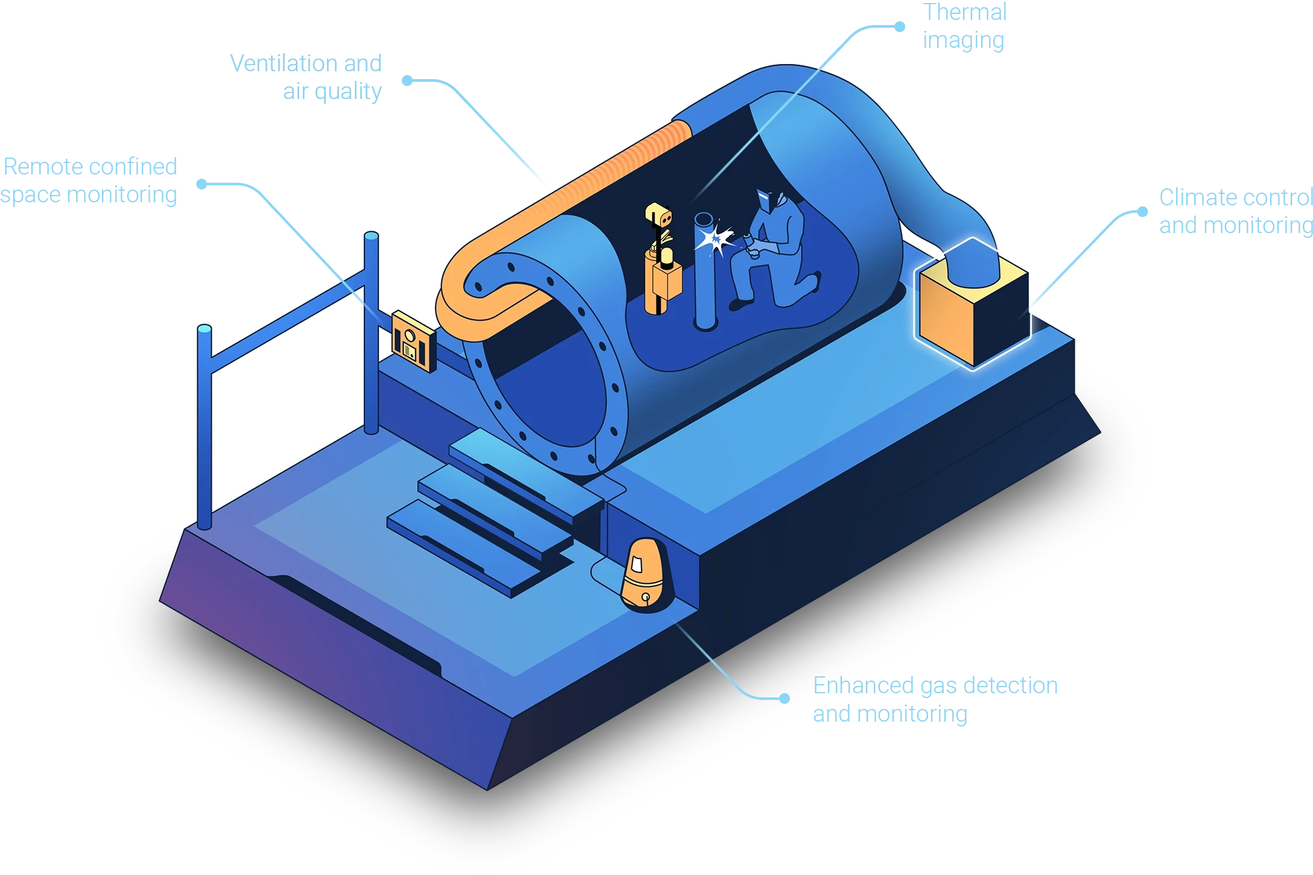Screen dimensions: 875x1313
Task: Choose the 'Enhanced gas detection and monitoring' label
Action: [x=934, y=699]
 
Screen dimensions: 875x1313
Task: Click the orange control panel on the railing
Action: [x=413, y=342]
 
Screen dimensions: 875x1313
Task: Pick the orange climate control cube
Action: [x=972, y=302]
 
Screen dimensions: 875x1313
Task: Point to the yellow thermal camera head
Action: [x=658, y=216]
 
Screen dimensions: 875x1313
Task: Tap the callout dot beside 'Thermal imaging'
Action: [x=900, y=27]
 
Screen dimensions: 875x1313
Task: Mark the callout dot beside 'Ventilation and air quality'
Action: [x=407, y=80]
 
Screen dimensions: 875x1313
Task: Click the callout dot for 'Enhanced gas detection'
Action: [x=784, y=699]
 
